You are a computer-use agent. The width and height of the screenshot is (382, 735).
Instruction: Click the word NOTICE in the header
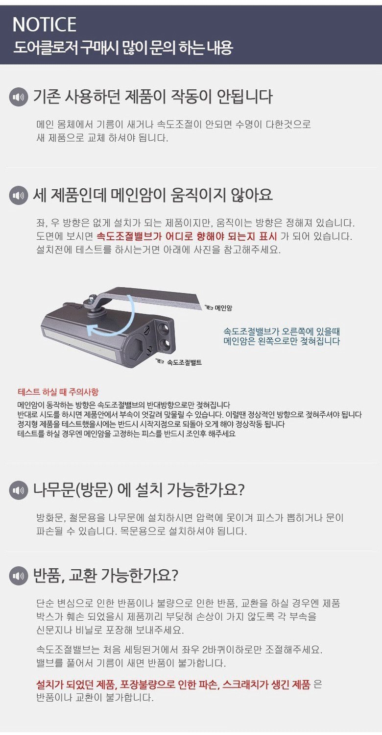point(44,25)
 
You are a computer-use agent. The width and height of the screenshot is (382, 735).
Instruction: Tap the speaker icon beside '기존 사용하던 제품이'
point(18,97)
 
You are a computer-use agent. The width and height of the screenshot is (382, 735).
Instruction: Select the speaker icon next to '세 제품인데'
point(18,196)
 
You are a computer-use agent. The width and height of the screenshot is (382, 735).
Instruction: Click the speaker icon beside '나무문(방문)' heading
point(18,490)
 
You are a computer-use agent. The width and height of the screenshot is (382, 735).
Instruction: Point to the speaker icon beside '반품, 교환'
point(18,576)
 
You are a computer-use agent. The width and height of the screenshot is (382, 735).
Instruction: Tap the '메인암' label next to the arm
point(223,308)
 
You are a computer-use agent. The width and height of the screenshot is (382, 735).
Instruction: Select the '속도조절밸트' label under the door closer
point(184,362)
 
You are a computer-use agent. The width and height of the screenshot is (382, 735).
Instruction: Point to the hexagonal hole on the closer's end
point(137,348)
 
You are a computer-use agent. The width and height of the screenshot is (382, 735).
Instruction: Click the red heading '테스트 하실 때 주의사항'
point(58,392)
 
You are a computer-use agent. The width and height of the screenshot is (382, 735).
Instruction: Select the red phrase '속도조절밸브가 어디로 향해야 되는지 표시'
point(187,236)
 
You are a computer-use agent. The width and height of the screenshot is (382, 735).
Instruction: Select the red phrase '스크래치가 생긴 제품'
point(266,685)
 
